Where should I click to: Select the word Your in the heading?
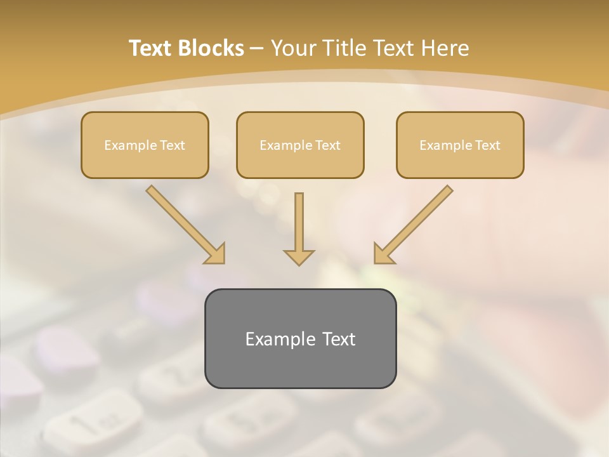[x=292, y=48]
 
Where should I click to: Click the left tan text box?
[x=145, y=162]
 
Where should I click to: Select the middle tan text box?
[x=300, y=162]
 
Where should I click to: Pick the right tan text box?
[x=460, y=162]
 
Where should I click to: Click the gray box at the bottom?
[x=300, y=365]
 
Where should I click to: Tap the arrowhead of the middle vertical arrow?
[x=299, y=257]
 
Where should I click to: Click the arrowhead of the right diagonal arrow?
[x=383, y=254]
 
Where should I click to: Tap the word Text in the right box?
[x=488, y=145]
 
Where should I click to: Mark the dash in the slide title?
[x=257, y=48]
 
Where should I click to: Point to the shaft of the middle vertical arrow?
[x=299, y=219]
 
